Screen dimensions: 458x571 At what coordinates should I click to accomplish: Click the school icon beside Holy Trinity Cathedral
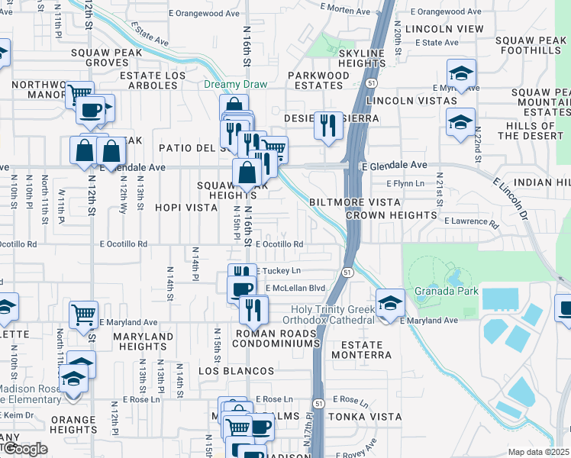coord(390,304)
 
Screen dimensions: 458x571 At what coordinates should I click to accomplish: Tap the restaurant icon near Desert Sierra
coord(329,125)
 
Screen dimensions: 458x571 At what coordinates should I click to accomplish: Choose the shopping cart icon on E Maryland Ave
coord(83,314)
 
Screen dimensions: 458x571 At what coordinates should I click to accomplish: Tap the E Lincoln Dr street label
coord(511,200)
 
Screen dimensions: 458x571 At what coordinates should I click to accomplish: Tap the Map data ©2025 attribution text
coord(538,452)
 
